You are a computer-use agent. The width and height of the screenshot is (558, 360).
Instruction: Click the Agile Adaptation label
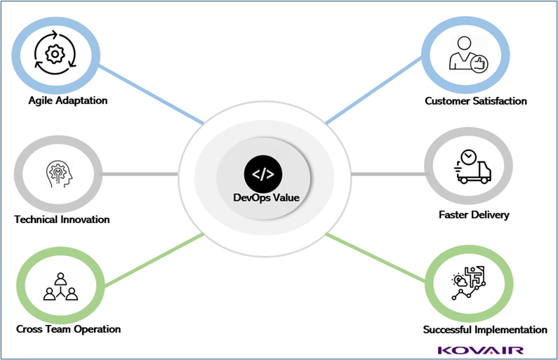(68, 100)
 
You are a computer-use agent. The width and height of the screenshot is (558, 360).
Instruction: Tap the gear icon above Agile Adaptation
(54, 53)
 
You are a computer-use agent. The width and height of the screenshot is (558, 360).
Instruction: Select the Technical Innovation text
(62, 220)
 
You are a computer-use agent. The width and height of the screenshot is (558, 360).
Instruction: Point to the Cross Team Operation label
(69, 329)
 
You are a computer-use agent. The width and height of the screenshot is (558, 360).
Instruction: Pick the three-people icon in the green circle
(60, 286)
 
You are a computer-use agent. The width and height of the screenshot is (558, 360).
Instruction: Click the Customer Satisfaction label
(476, 101)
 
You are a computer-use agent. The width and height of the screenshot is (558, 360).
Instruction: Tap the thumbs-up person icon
(467, 55)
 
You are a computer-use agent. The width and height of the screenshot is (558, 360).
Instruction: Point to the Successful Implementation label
(485, 329)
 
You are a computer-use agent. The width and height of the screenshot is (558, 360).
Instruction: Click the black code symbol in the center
(264, 173)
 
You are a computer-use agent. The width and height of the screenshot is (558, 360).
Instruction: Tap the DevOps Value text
(266, 198)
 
